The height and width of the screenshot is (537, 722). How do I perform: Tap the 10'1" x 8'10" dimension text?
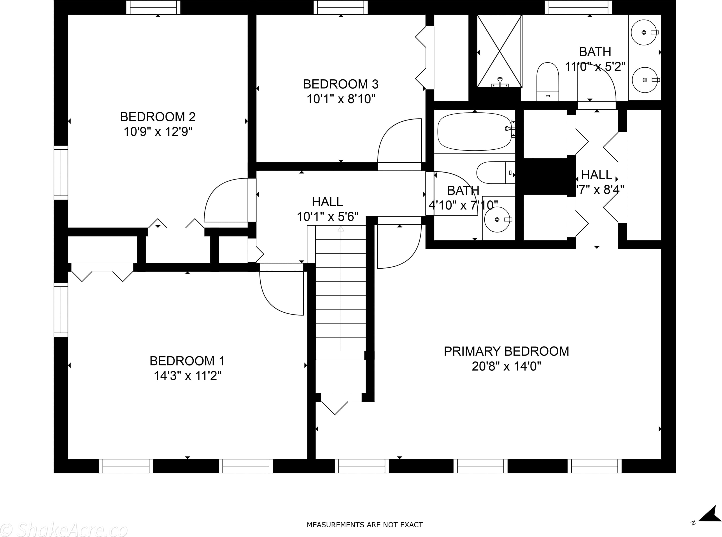(x=341, y=99)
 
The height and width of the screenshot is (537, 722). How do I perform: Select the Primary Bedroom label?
(x=506, y=351)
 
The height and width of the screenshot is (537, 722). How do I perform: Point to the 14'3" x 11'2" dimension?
(x=187, y=376)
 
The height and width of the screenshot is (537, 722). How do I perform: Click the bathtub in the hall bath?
(x=474, y=132)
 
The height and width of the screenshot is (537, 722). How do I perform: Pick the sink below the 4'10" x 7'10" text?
(x=497, y=219)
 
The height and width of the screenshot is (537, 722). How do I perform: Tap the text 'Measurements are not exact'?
(x=365, y=525)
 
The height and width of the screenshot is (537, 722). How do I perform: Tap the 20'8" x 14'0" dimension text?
(x=506, y=366)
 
